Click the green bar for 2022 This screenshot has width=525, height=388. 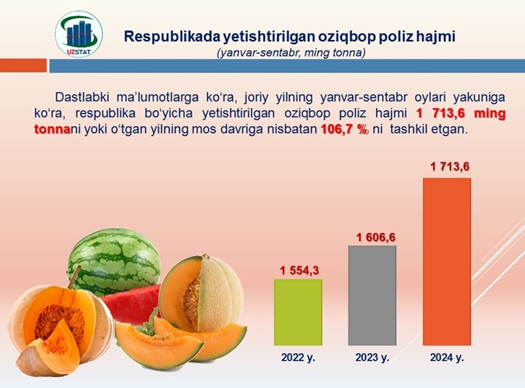(298, 312)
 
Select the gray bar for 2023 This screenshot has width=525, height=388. (372, 295)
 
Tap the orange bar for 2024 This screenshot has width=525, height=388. (447, 261)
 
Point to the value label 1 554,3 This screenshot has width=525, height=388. (299, 271)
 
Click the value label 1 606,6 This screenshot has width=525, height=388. (375, 237)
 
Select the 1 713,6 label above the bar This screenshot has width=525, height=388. (450, 166)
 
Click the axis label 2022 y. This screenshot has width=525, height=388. (298, 358)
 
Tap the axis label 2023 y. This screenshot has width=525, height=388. (372, 358)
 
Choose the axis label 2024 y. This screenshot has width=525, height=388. (447, 358)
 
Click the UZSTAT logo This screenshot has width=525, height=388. (79, 34)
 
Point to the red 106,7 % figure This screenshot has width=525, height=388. (344, 130)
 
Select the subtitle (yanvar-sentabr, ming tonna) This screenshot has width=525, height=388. (291, 53)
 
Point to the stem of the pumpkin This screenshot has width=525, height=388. (74, 277)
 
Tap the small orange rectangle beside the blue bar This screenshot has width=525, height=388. (23, 66)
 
